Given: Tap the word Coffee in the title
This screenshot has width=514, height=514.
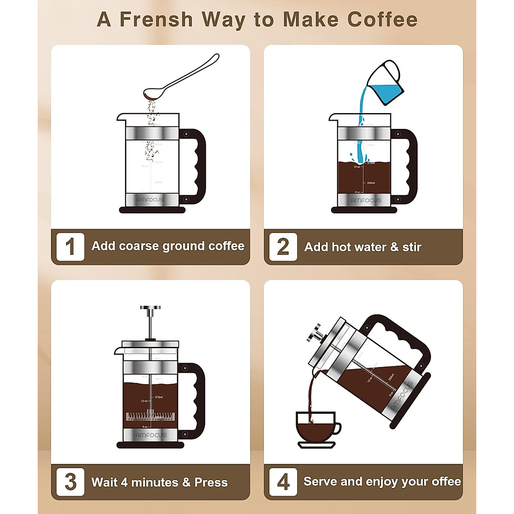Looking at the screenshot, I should pos(382,20).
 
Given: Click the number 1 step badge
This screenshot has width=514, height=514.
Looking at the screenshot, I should pos(70,247).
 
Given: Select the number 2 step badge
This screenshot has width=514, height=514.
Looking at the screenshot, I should pos(283,247).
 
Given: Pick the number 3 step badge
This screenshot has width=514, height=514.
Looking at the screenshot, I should pos(70,482).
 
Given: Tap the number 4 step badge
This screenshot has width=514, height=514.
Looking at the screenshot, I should pos(283,482).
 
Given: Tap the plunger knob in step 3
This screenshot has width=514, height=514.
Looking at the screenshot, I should pos(150,308).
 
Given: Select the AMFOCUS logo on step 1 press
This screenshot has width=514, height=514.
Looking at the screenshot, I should pos(150,200).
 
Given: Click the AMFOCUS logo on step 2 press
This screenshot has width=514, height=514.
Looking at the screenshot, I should pos(365,200).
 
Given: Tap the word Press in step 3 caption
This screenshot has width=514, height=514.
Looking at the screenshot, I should pos(211,482).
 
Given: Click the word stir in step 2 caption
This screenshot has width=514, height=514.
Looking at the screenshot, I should pos(412,247).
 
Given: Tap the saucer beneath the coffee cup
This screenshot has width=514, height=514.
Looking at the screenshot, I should pos(316,445).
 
